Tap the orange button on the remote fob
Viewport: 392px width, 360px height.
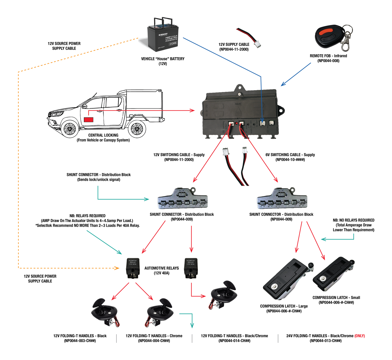[x=326, y=32]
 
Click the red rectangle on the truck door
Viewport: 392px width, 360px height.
[x=88, y=119]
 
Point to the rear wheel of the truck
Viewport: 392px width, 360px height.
[x=137, y=129]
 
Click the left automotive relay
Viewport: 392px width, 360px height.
[x=133, y=268]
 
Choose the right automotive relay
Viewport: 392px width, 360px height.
[x=191, y=268]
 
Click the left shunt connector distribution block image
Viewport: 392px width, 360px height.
[x=183, y=199]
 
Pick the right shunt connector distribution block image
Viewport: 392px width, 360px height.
[x=282, y=199]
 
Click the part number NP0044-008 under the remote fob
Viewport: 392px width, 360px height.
[x=328, y=61]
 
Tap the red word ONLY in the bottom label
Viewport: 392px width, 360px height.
[x=360, y=336]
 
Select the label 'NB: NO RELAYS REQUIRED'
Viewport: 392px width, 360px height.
[x=353, y=220]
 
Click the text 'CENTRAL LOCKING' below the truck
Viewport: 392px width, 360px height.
[x=103, y=135]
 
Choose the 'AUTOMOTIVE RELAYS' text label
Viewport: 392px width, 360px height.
[x=161, y=268]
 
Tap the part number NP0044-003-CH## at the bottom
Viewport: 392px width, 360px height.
[x=80, y=341]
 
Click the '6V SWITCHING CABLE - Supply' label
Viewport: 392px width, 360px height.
[x=290, y=155]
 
